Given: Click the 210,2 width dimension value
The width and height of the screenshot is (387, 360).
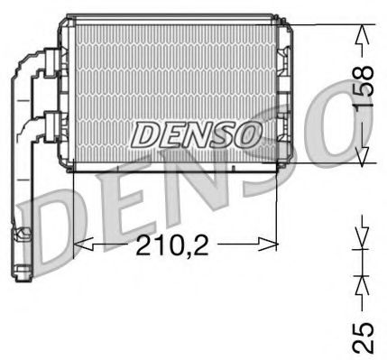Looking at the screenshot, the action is (172, 245).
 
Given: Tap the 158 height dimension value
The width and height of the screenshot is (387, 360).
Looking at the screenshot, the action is (364, 87).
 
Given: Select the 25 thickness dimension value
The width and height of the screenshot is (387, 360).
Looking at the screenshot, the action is (364, 337).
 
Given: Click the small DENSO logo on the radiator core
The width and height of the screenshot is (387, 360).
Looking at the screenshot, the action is (196, 134).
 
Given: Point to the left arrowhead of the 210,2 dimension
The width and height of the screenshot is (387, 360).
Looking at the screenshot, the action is (84, 244).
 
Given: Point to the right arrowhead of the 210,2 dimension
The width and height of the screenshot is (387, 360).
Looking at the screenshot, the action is (267, 244).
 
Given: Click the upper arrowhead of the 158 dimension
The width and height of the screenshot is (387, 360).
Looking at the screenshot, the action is (363, 34).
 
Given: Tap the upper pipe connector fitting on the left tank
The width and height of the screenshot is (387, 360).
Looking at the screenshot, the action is (51, 63).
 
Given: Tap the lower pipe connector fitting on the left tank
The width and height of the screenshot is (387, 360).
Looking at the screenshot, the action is (51, 126).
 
